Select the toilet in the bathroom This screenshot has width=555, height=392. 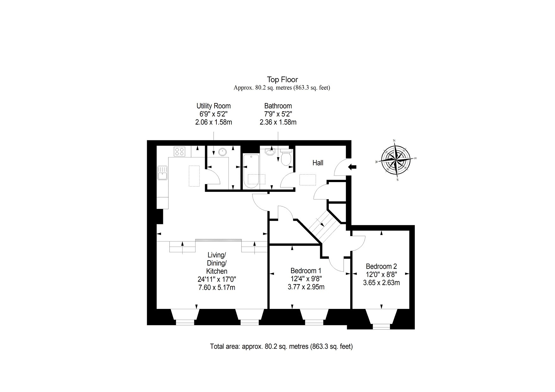pyautogui.click(x=286, y=157)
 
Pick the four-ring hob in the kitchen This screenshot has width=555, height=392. pyautogui.click(x=180, y=152)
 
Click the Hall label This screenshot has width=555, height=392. pyautogui.click(x=318, y=163)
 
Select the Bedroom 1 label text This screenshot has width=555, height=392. pyautogui.click(x=306, y=271)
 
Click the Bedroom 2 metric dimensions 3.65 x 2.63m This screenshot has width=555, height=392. pyautogui.click(x=381, y=283)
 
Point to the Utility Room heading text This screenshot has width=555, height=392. pyautogui.click(x=214, y=106)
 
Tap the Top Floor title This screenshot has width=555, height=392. pyautogui.click(x=282, y=79)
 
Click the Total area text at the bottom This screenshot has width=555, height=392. pyautogui.click(x=281, y=346)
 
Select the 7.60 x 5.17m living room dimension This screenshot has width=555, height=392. pyautogui.click(x=217, y=288)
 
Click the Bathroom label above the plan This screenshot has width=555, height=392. pyautogui.click(x=278, y=106)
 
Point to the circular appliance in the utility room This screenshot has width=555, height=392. pyautogui.click(x=223, y=152)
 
